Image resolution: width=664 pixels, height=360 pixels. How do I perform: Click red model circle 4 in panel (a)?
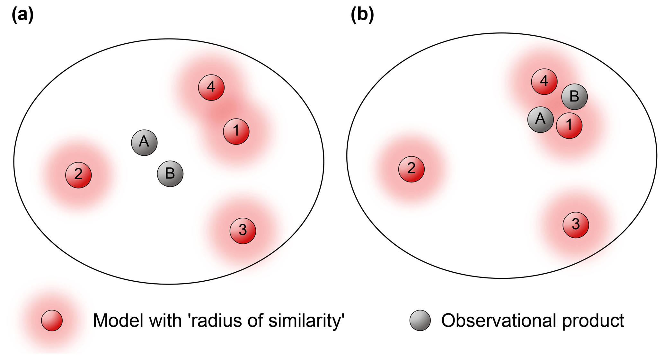(x=211, y=87)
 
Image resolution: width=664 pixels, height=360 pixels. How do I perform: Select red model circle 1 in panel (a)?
(x=236, y=131)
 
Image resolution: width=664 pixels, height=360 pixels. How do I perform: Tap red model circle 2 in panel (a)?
(x=78, y=175)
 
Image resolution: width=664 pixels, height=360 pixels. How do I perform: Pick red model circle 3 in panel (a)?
(x=243, y=231)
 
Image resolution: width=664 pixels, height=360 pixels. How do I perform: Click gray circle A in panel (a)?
(x=144, y=143)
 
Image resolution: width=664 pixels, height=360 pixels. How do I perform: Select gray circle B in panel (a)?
(x=170, y=174)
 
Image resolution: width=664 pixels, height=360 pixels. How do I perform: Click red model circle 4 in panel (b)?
(x=544, y=82)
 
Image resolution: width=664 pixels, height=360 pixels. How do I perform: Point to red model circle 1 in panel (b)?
(x=569, y=125)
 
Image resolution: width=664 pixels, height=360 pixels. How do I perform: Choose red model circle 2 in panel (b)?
(x=411, y=169)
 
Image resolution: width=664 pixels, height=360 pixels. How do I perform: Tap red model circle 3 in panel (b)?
(x=576, y=225)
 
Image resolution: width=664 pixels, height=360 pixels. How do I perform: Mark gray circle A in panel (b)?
(x=541, y=119)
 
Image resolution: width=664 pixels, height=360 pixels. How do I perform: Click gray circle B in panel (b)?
(x=574, y=97)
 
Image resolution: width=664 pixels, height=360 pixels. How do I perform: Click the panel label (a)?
(x=22, y=14)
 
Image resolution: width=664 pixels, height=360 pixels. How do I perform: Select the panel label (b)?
(x=362, y=14)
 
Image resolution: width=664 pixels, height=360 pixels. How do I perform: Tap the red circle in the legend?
(x=52, y=320)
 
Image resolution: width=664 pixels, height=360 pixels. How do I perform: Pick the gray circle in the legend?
(x=420, y=320)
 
